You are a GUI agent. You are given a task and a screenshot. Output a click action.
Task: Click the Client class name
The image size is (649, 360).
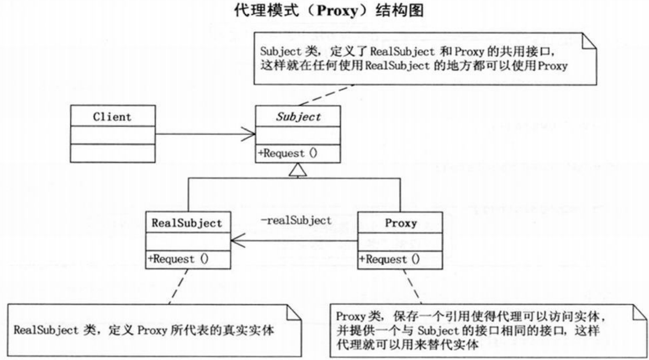(112, 117)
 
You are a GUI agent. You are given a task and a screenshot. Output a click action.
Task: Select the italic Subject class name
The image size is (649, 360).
(298, 117)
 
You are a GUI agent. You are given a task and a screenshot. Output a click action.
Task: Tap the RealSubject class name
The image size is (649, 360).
(187, 223)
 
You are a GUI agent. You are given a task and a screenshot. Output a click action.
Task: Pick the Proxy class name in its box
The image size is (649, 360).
(401, 223)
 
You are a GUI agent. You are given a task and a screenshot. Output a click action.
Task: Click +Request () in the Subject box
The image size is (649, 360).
(288, 153)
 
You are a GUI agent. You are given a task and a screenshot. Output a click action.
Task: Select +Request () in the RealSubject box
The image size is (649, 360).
(178, 259)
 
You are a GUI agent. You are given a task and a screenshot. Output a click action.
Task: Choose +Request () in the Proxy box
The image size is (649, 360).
(389, 259)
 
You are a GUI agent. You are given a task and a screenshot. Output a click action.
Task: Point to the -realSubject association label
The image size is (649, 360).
(296, 220)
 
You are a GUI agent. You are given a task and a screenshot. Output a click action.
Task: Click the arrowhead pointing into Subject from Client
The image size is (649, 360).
(249, 134)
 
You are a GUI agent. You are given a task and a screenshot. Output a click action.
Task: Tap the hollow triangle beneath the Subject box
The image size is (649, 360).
(298, 170)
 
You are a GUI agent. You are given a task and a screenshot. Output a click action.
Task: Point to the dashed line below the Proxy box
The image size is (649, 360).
(412, 286)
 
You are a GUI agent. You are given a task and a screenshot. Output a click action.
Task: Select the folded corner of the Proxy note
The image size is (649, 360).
(640, 312)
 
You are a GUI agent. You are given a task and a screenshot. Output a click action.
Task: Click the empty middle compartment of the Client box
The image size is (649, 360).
(112, 135)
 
